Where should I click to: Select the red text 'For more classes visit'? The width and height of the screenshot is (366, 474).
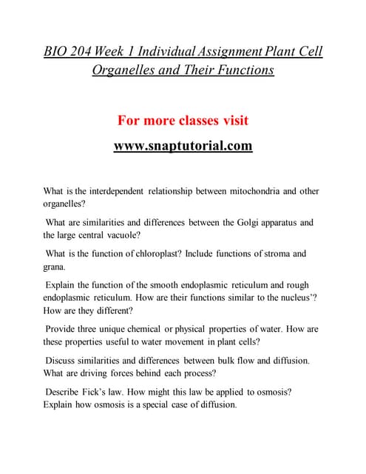(x=183, y=121)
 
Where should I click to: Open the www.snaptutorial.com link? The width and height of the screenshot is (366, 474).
(x=183, y=146)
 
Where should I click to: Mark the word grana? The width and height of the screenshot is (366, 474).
(x=55, y=267)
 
